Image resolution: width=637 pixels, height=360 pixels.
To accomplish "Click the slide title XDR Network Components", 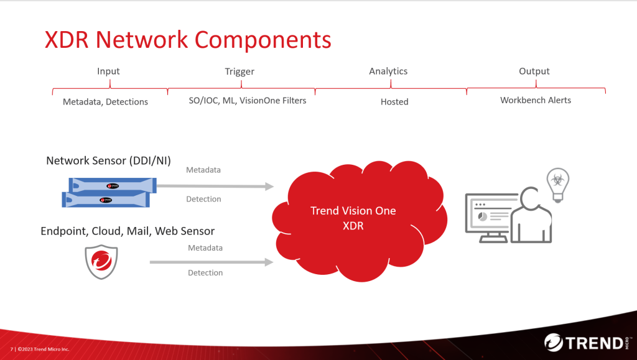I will pyautogui.click(x=188, y=40).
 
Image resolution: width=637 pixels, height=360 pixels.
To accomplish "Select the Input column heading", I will pyautogui.click(x=108, y=71).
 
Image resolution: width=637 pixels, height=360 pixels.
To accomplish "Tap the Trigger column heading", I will pyautogui.click(x=239, y=71).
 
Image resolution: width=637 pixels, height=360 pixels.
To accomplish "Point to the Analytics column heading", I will pyautogui.click(x=388, y=71).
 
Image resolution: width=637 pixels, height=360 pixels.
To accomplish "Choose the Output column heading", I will pyautogui.click(x=534, y=71).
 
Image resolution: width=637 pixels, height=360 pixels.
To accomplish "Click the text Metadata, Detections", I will pyautogui.click(x=105, y=101).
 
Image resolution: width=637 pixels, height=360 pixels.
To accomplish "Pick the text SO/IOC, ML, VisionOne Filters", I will pyautogui.click(x=248, y=100).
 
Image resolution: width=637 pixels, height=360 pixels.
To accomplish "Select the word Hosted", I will pyautogui.click(x=394, y=101).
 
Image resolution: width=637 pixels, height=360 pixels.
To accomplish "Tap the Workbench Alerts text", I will pyautogui.click(x=536, y=99).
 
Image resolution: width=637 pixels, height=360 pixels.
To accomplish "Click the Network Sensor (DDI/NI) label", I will pyautogui.click(x=108, y=161).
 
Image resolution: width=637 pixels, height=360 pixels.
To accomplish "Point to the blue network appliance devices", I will pyautogui.click(x=109, y=192).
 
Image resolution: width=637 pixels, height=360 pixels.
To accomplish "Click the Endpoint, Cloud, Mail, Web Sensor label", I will pyautogui.click(x=128, y=231).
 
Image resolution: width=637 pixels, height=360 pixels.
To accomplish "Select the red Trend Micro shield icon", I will pyautogui.click(x=101, y=262).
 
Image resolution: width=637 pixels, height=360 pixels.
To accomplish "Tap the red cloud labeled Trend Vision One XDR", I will pyautogui.click(x=353, y=218).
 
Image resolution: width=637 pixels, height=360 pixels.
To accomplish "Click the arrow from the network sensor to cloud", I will pyautogui.click(x=215, y=186).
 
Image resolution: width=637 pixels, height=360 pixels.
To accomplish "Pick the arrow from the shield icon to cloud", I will pyautogui.click(x=212, y=262).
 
